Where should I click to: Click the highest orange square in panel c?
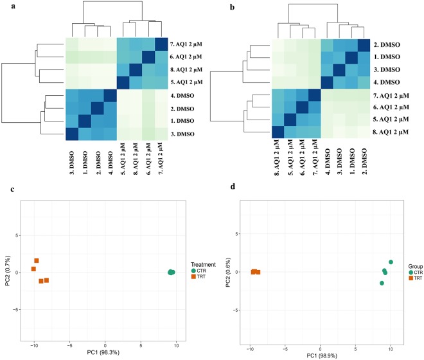click(37, 260)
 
